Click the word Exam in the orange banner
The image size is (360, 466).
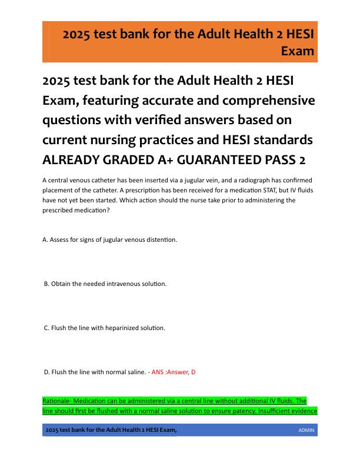coord(298,51)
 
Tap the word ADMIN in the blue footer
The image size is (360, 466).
coord(306,431)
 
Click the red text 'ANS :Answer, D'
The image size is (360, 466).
coord(174,372)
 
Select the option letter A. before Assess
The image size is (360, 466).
coord(46,239)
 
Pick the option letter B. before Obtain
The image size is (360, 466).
coord(47,284)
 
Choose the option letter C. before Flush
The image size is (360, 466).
coord(47,328)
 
